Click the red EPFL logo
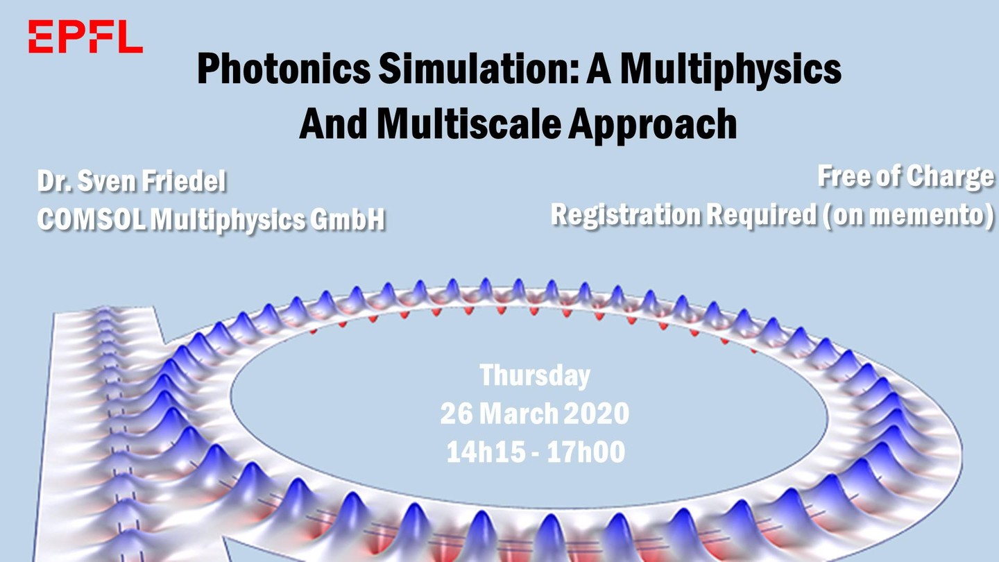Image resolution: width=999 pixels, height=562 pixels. tap(85, 37)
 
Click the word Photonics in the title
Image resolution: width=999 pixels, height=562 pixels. tap(284, 69)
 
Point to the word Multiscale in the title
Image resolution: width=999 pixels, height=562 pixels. tap(469, 124)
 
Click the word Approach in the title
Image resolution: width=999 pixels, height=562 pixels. tap(652, 125)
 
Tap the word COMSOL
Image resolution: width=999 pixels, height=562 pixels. tap(91, 219)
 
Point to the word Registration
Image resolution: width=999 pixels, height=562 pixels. tap(626, 215)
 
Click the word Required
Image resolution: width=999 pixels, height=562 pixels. tap(762, 215)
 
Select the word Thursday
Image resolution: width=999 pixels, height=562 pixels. tap(535, 375)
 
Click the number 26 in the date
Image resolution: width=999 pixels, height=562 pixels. tap(456, 414)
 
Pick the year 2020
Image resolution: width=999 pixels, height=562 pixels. tap(597, 414)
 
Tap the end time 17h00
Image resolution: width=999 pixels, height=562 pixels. tap(586, 452)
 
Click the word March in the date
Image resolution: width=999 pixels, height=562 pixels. tap(518, 414)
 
